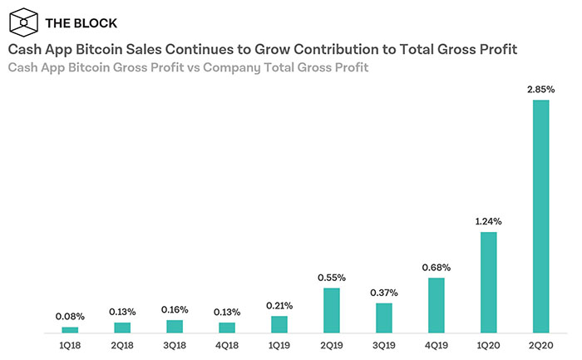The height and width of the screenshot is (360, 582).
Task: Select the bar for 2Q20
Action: [540, 217]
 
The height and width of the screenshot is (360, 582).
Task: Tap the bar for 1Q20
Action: [488, 283]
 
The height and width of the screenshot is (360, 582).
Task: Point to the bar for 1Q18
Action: [70, 330]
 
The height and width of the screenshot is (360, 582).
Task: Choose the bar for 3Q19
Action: [383, 318]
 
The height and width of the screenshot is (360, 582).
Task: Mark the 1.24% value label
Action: [488, 222]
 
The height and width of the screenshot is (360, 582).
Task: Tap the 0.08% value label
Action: [70, 317]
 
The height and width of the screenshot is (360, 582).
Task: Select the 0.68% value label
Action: [436, 267]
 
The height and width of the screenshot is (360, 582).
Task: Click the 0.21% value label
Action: [279, 305]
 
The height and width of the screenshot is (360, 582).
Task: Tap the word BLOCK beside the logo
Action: [94, 22]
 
